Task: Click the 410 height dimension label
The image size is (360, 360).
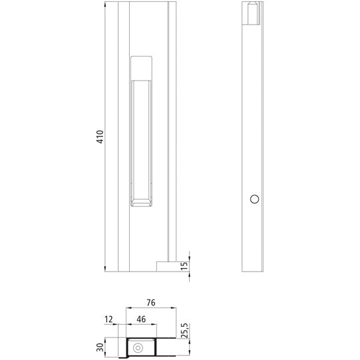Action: pos(100,138)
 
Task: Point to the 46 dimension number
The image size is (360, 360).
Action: pos(140,319)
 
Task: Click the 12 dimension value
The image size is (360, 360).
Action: pos(109,319)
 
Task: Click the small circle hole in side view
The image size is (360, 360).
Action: pos(253,199)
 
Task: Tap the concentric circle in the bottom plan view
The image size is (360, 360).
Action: pos(138,347)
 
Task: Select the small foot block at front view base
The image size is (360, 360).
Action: pos(165,266)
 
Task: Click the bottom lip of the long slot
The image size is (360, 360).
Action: pos(142,202)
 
